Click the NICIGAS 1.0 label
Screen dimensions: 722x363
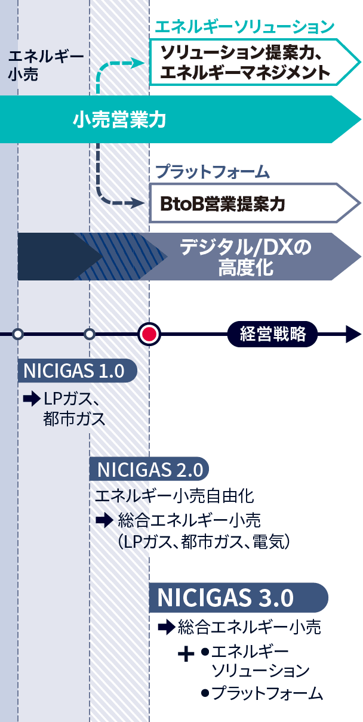pos(74,371)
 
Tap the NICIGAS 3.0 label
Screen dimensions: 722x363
pos(226,597)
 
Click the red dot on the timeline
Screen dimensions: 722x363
pos(149,334)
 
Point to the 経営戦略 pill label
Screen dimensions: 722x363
pos(272,334)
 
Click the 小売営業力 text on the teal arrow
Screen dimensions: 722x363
pos(119,121)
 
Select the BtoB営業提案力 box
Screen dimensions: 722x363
pos(222,204)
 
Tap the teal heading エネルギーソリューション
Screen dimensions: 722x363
pos(244,27)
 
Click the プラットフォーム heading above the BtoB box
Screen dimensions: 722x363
pos(213,173)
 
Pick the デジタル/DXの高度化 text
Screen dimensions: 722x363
pos(246,257)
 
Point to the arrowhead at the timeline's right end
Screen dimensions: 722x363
pos(353,334)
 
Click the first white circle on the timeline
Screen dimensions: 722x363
pos(18,334)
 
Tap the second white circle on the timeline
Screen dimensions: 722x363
pos(90,334)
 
